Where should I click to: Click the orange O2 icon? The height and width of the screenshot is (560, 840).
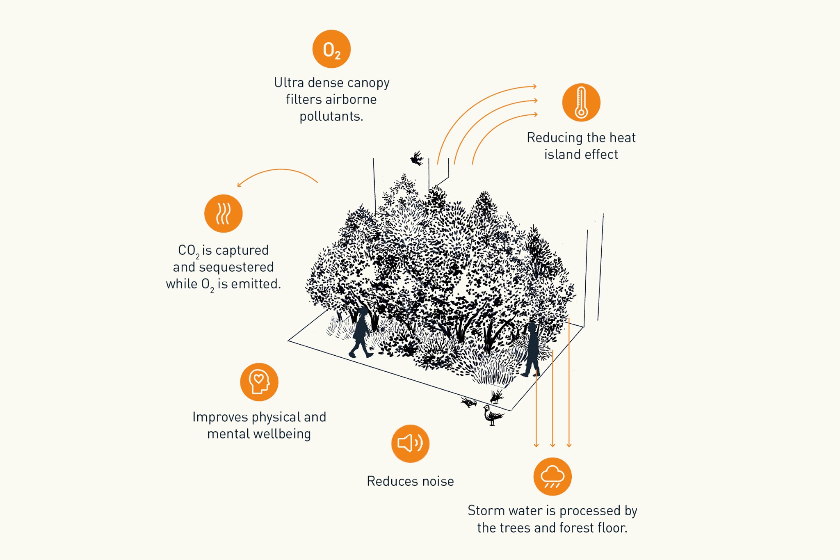click(x=331, y=49)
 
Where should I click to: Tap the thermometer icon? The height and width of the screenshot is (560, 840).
click(x=581, y=102)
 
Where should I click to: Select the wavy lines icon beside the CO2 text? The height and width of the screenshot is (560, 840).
click(x=224, y=213)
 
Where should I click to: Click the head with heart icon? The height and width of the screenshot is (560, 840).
click(x=259, y=382)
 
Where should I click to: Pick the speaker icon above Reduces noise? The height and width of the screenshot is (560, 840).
click(x=410, y=443)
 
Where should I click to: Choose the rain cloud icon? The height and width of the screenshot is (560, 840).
click(x=552, y=477)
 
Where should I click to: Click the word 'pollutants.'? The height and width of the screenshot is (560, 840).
click(x=331, y=117)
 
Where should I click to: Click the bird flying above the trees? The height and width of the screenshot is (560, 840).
click(x=417, y=158)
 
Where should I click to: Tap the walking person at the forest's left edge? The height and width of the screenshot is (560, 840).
click(x=361, y=332)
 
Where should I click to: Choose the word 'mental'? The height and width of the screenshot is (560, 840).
click(x=228, y=434)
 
